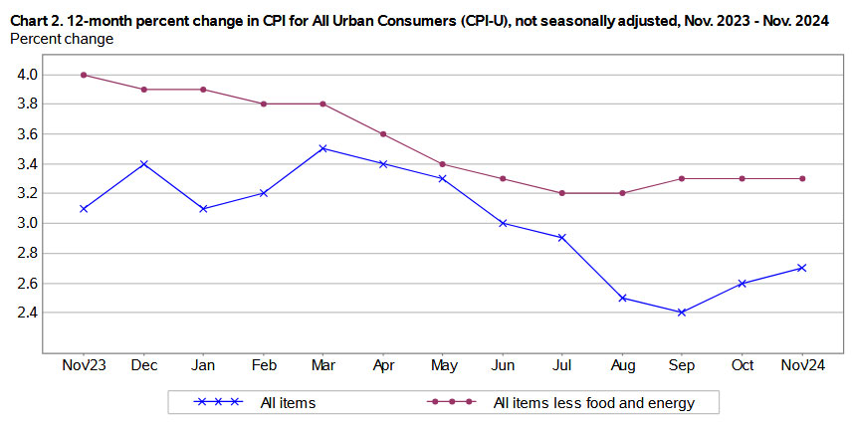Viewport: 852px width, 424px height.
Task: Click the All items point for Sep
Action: (681, 313)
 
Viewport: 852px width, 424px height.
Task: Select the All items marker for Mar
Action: (322, 148)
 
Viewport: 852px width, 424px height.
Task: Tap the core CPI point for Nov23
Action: (84, 75)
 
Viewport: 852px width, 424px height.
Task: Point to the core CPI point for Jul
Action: (561, 193)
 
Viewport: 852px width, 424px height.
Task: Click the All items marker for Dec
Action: (143, 163)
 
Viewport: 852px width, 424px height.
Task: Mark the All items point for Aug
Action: (621, 298)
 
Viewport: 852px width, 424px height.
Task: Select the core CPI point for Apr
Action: (382, 134)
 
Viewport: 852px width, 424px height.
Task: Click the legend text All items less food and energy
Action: (593, 403)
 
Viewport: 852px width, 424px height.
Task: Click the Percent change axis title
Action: (61, 39)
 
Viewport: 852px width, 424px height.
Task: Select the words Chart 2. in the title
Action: (39, 18)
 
